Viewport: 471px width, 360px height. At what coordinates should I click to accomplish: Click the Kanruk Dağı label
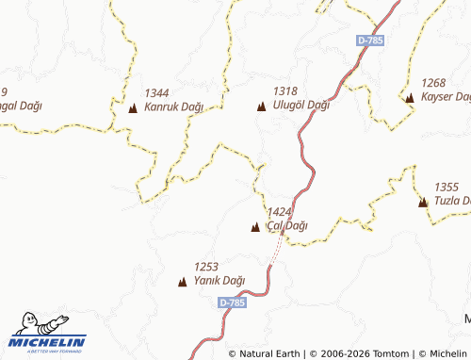click(174, 107)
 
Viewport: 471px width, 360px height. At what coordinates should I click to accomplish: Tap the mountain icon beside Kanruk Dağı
click(132, 108)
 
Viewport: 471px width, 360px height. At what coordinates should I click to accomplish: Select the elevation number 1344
click(157, 92)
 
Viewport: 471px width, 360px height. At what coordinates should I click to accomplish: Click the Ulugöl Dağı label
click(300, 105)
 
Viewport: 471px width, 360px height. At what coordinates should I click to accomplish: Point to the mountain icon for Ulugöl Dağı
click(261, 106)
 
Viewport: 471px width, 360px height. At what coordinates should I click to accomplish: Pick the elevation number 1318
click(285, 90)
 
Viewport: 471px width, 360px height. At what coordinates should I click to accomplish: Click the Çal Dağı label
click(287, 226)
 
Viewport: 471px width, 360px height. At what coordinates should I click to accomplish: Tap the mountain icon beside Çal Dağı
click(255, 227)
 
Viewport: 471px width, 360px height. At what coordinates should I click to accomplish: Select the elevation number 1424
click(280, 212)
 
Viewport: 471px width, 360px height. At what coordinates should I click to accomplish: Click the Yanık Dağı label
click(219, 280)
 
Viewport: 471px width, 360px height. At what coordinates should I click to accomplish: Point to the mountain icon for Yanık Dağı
click(183, 281)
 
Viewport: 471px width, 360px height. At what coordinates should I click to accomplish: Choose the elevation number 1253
click(206, 267)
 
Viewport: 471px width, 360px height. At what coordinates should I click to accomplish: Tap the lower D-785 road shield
click(232, 303)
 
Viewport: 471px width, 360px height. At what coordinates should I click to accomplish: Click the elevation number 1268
click(434, 83)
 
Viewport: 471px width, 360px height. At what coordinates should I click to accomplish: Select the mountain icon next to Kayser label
click(409, 97)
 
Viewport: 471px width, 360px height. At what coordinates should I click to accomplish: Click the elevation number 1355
click(447, 188)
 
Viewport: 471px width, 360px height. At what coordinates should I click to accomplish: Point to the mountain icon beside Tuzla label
click(423, 202)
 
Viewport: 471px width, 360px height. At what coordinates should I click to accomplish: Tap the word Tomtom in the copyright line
click(385, 353)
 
